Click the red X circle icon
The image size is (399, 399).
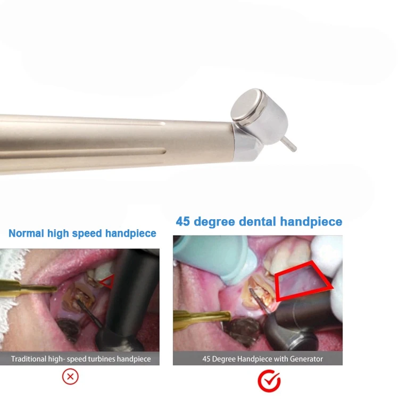[x=70, y=377]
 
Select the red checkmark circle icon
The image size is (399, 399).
[x=269, y=380]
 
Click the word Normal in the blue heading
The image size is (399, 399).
[x=27, y=233]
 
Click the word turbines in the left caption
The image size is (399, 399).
[x=98, y=359]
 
